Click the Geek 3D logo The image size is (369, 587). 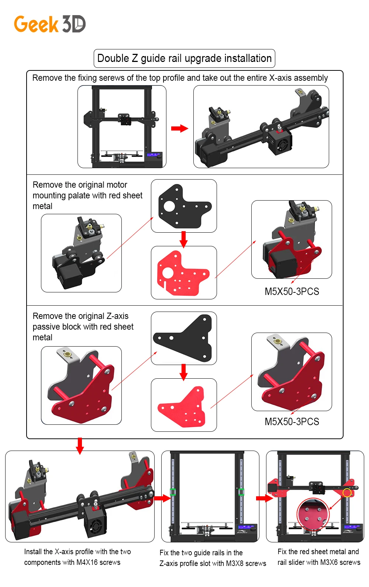coord(50,24)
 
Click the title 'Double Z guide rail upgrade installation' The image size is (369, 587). coord(184,59)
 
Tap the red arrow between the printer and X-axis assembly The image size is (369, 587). coord(180,128)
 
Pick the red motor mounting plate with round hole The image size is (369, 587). coord(182,273)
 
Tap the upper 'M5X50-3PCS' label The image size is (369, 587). coord(292,292)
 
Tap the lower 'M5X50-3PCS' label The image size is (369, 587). coord(292,422)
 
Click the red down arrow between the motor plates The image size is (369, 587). coord(184,239)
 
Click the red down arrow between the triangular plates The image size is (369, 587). coord(184,372)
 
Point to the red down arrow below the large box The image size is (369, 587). coord(80,446)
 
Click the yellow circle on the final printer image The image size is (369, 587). coord(347,493)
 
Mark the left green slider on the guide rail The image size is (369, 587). coord(173,492)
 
